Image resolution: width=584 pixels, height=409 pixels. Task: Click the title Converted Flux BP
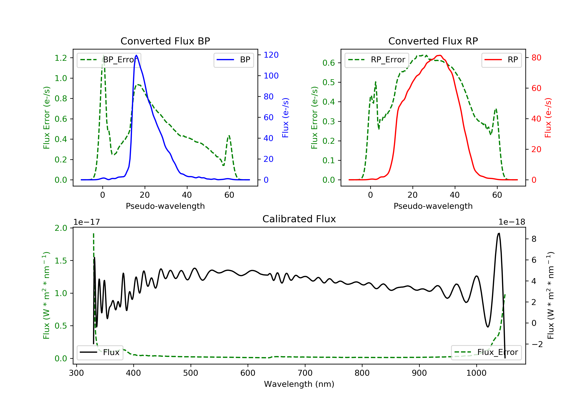coord(165,41)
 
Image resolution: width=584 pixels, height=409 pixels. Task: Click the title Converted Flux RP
coord(433,41)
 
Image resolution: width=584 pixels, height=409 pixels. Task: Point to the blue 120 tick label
coord(271,55)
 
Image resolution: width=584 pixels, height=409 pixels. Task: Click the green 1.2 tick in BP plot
coord(61,58)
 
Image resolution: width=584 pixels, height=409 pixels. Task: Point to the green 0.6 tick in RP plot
coord(329,63)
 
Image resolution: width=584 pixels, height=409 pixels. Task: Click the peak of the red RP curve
coord(440,55)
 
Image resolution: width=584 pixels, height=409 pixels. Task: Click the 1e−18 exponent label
coord(512,222)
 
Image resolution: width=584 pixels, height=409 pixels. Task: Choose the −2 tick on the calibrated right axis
coord(537,344)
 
